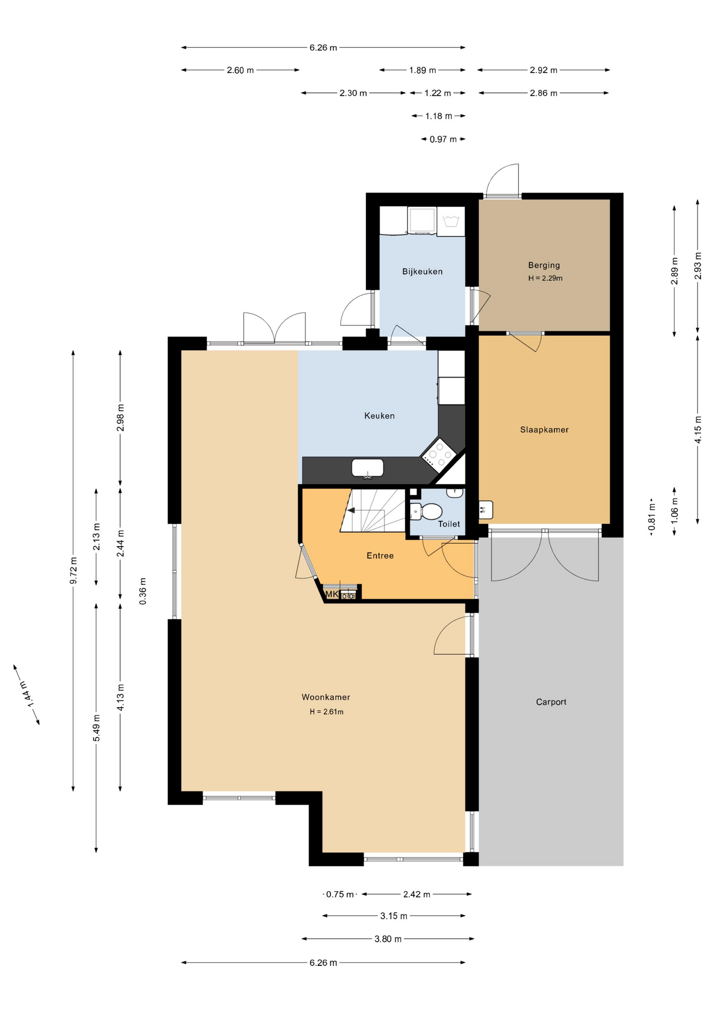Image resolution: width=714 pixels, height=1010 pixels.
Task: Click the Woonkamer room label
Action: [325, 697]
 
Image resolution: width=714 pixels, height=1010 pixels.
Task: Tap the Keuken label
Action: [379, 416]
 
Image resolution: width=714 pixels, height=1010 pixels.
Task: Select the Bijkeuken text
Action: [422, 271]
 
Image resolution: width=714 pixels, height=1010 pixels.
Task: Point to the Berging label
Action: [544, 265]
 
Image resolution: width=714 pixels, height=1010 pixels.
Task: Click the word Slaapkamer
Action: [544, 430]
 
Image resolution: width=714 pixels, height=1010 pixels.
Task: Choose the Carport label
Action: [551, 702]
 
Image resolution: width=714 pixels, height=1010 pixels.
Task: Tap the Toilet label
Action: [449, 524]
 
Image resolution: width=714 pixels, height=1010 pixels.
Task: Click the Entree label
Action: [380, 555]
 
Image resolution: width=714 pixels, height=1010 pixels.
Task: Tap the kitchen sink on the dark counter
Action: [368, 468]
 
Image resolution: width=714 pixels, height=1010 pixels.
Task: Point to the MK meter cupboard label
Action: [332, 594]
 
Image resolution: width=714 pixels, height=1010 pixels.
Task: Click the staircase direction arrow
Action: [351, 510]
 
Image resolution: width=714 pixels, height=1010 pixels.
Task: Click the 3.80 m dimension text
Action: [388, 939]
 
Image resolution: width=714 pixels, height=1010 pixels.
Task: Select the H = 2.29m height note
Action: [545, 278]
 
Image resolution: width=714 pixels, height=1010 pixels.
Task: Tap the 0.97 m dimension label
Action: [443, 139]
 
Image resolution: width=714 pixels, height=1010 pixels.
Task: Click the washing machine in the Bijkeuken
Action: [422, 220]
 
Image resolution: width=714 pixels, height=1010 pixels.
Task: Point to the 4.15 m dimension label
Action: [698, 430]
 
